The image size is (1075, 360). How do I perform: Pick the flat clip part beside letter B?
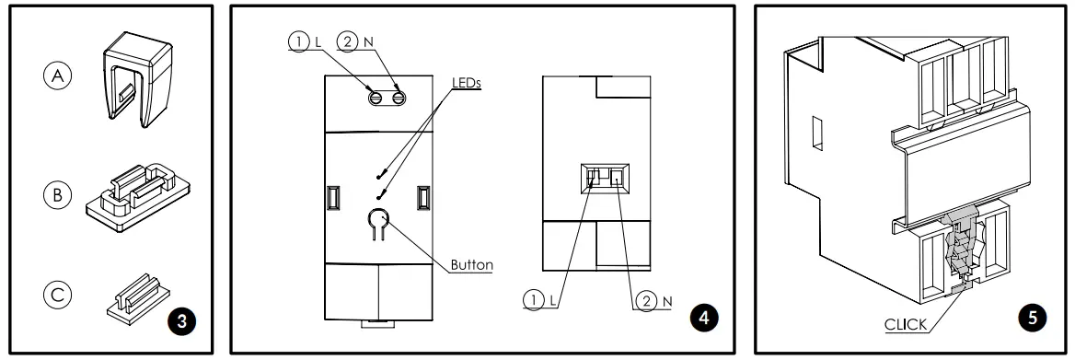pos(141,192)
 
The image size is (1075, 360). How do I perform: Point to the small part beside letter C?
pos(138,296)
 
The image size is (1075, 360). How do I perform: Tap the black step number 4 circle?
pos(704,317)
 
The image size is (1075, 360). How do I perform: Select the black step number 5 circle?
pos(1032,317)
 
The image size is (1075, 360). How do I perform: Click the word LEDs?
pos(467,82)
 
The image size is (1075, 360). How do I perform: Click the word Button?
pos(471,265)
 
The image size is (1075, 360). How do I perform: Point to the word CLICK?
pos(906,324)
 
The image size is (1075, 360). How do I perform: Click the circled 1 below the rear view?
pos(533,300)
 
